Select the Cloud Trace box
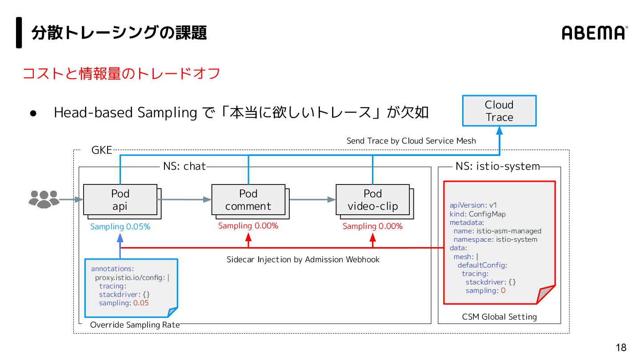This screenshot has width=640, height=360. (499, 111)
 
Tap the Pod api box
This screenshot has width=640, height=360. (120, 200)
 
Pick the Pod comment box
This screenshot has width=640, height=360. (248, 200)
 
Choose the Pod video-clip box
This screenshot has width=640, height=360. (372, 200)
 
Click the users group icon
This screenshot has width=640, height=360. (44, 199)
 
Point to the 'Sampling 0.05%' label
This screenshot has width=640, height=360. (120, 227)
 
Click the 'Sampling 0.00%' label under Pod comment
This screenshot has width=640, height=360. (248, 226)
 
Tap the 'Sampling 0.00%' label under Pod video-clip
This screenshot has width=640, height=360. (372, 226)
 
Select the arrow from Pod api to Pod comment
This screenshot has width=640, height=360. (184, 200)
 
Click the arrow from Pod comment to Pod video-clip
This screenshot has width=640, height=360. (312, 200)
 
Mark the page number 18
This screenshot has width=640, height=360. (621, 348)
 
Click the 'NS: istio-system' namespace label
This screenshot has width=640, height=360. (498, 166)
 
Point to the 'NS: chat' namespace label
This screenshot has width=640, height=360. (184, 166)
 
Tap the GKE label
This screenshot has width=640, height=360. (101, 150)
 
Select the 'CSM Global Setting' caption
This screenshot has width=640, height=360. (500, 316)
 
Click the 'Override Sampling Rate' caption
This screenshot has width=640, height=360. (135, 325)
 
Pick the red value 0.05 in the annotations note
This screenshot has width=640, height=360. (141, 303)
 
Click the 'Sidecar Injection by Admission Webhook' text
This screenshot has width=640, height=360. (303, 260)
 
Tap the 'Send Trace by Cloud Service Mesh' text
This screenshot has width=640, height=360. (411, 141)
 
